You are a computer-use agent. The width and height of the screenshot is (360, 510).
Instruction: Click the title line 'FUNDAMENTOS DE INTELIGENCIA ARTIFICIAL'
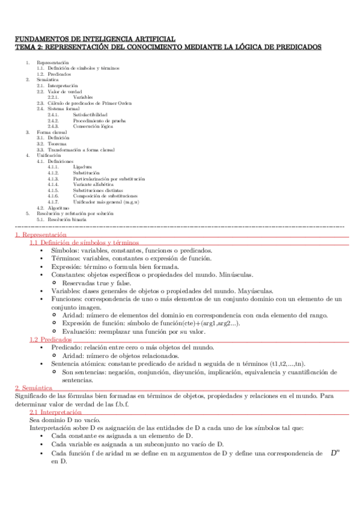[95, 38]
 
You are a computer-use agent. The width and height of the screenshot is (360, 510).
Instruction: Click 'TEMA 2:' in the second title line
[28, 46]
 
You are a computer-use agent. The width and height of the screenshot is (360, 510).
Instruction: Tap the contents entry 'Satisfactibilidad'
[91, 114]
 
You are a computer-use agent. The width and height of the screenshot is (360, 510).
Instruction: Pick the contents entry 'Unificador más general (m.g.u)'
[106, 201]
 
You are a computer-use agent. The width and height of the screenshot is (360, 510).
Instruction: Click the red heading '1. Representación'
[40, 235]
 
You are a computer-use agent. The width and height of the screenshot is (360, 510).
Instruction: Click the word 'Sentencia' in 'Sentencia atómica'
[67, 364]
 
